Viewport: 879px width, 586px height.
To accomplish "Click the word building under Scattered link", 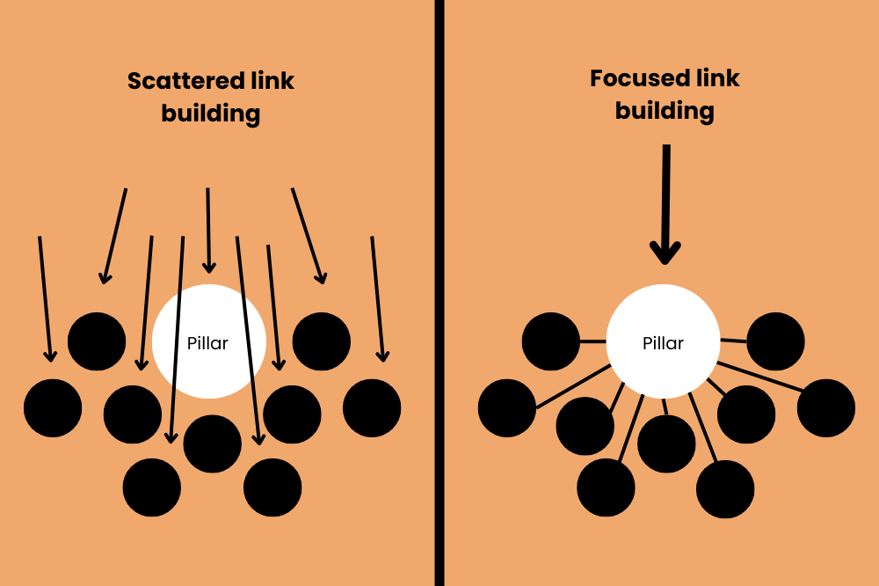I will coord(211,114).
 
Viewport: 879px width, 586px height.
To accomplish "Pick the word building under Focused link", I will coord(665,111).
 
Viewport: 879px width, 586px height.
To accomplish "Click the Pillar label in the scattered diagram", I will coord(207,343).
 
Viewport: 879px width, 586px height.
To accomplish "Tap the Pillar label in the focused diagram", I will coord(663,343).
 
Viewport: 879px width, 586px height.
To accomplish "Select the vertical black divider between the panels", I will coord(439,293).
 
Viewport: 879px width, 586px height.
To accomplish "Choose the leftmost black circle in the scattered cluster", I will coord(53,408).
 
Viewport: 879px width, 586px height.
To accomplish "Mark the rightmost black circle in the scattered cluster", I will coord(372,408).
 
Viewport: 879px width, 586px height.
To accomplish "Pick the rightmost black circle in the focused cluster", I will coord(826,408).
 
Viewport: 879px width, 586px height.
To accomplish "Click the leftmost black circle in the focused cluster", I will coord(507,408).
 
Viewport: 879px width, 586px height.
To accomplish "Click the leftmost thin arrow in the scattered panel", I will coord(45,299).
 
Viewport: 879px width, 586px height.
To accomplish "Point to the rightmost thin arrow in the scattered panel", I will coord(377,299).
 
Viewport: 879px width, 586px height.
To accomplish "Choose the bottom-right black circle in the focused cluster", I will coord(725,488).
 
